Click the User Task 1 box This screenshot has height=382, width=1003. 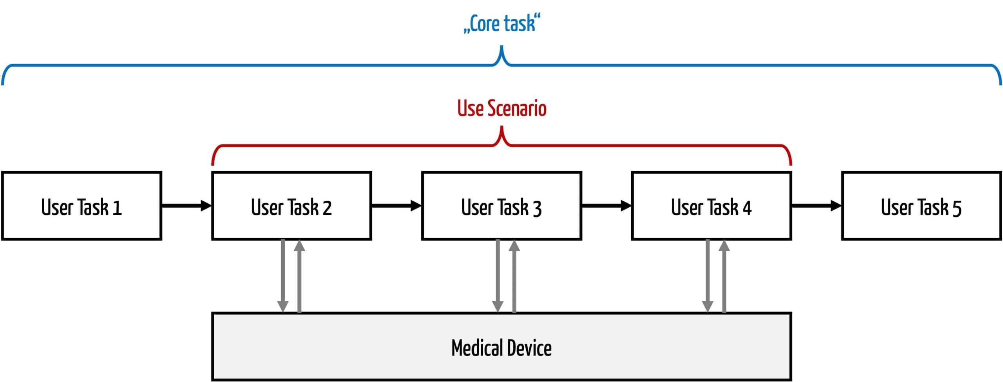coord(81,206)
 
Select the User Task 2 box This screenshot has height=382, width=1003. coord(291,206)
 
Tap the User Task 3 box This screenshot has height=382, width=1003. coord(501,206)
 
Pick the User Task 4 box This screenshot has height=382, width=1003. coord(712,206)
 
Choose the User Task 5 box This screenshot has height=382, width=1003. coord(922,206)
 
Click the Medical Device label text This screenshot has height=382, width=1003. coord(501,348)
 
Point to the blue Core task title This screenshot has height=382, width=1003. coord(502,24)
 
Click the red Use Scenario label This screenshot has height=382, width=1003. coord(502,108)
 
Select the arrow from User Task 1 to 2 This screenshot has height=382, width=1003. coord(187,206)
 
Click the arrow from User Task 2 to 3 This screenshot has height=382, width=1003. coord(397,206)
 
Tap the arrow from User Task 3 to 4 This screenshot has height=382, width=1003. coord(607,206)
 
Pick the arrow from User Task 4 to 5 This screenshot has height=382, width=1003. coord(817,206)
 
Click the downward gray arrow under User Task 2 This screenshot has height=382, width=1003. coord(283,276)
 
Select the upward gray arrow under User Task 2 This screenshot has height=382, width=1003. coord(299,276)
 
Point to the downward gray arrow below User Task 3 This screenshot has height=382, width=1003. coord(498,276)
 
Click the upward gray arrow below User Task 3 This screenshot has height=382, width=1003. coord(514,276)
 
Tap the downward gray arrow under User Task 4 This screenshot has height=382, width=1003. coord(708,276)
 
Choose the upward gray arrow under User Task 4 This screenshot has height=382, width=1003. coord(724,276)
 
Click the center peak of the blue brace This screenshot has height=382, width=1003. coord(501,46)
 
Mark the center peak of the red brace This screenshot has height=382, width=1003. coord(502,127)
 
